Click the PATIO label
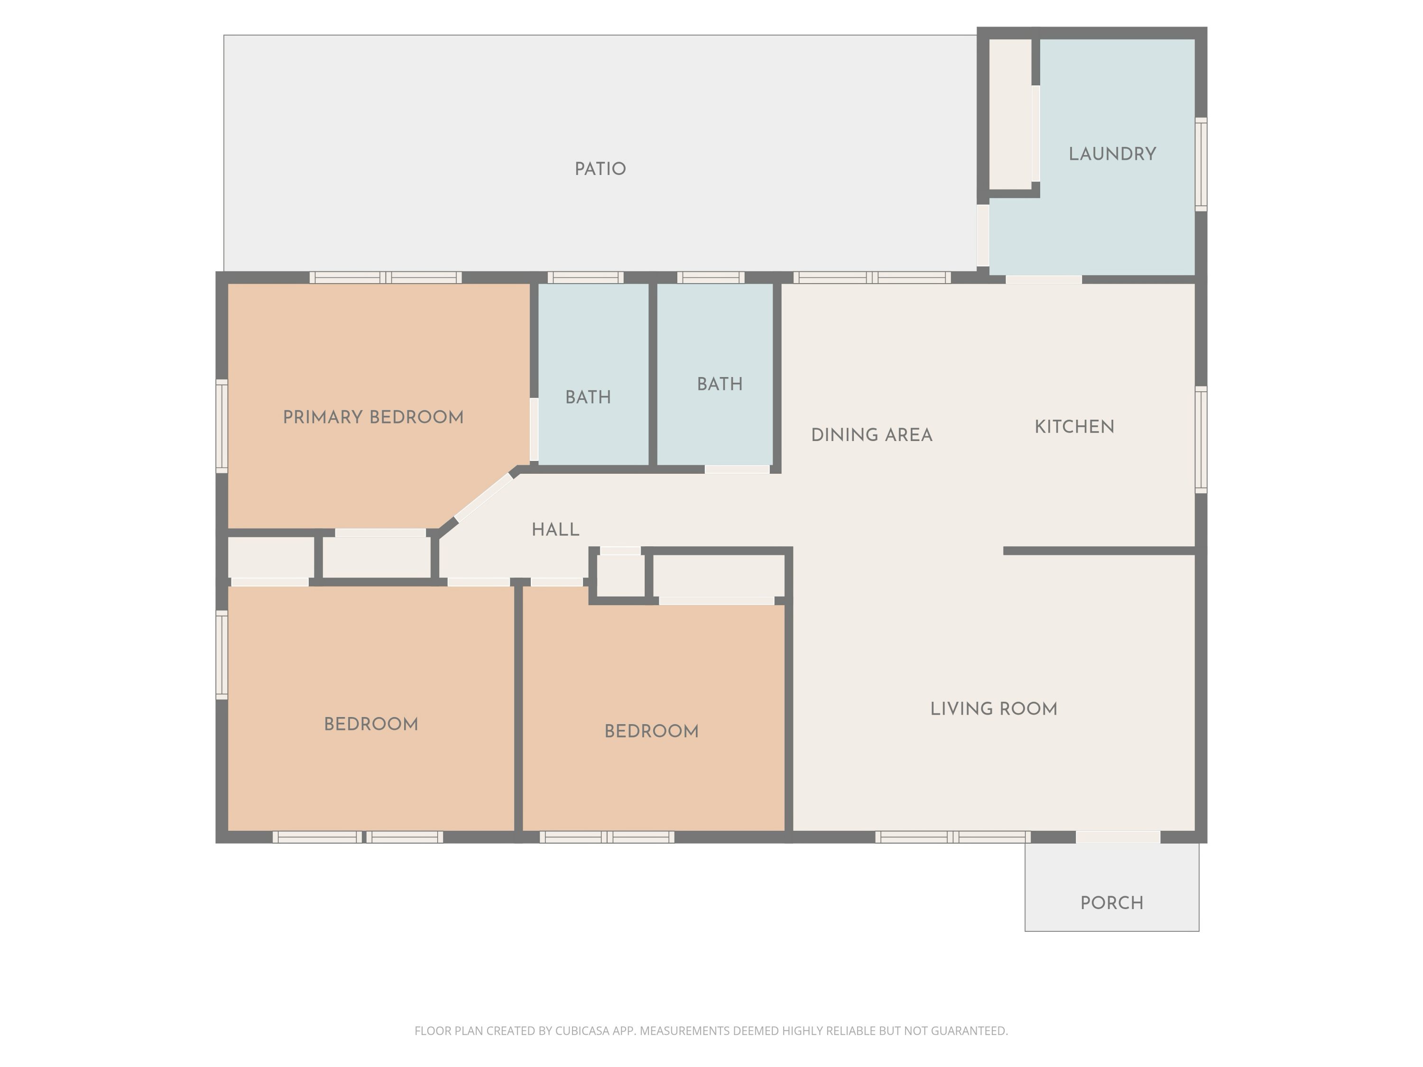(x=600, y=169)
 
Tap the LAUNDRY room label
(x=1112, y=154)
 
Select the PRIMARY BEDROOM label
(x=373, y=417)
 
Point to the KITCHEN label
(x=1074, y=427)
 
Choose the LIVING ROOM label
(x=993, y=709)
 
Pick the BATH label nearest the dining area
(x=719, y=385)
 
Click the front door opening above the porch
(x=1118, y=837)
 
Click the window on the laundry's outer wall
(x=1201, y=164)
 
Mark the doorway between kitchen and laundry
(x=1044, y=279)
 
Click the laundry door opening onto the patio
(x=983, y=235)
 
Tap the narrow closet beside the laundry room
(x=1010, y=114)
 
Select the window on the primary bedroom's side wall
(x=222, y=426)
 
